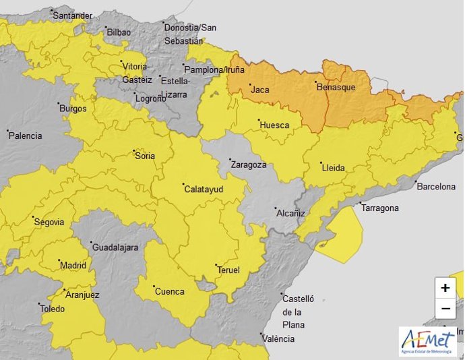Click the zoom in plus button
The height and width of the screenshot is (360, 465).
pyautogui.click(x=445, y=288)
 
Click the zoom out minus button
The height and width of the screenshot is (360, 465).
pyautogui.click(x=445, y=309)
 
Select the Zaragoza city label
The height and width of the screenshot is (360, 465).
pyautogui.click(x=248, y=164)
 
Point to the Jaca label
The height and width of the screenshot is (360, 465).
pyautogui.click(x=260, y=89)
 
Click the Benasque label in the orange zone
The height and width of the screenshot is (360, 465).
pyautogui.click(x=335, y=87)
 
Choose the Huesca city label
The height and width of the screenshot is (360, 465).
pyautogui.click(x=274, y=125)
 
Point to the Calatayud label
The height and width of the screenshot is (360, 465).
pyautogui.click(x=204, y=189)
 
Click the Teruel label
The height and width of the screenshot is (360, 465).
pyautogui.click(x=228, y=270)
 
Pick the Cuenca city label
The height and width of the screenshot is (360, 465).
pyautogui.click(x=169, y=291)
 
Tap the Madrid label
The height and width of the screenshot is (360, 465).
pyautogui.click(x=73, y=265)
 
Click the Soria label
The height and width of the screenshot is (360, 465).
pyautogui.click(x=145, y=156)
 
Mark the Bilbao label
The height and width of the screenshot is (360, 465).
pyautogui.click(x=118, y=32)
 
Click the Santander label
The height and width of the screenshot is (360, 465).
pyautogui.click(x=72, y=15)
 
